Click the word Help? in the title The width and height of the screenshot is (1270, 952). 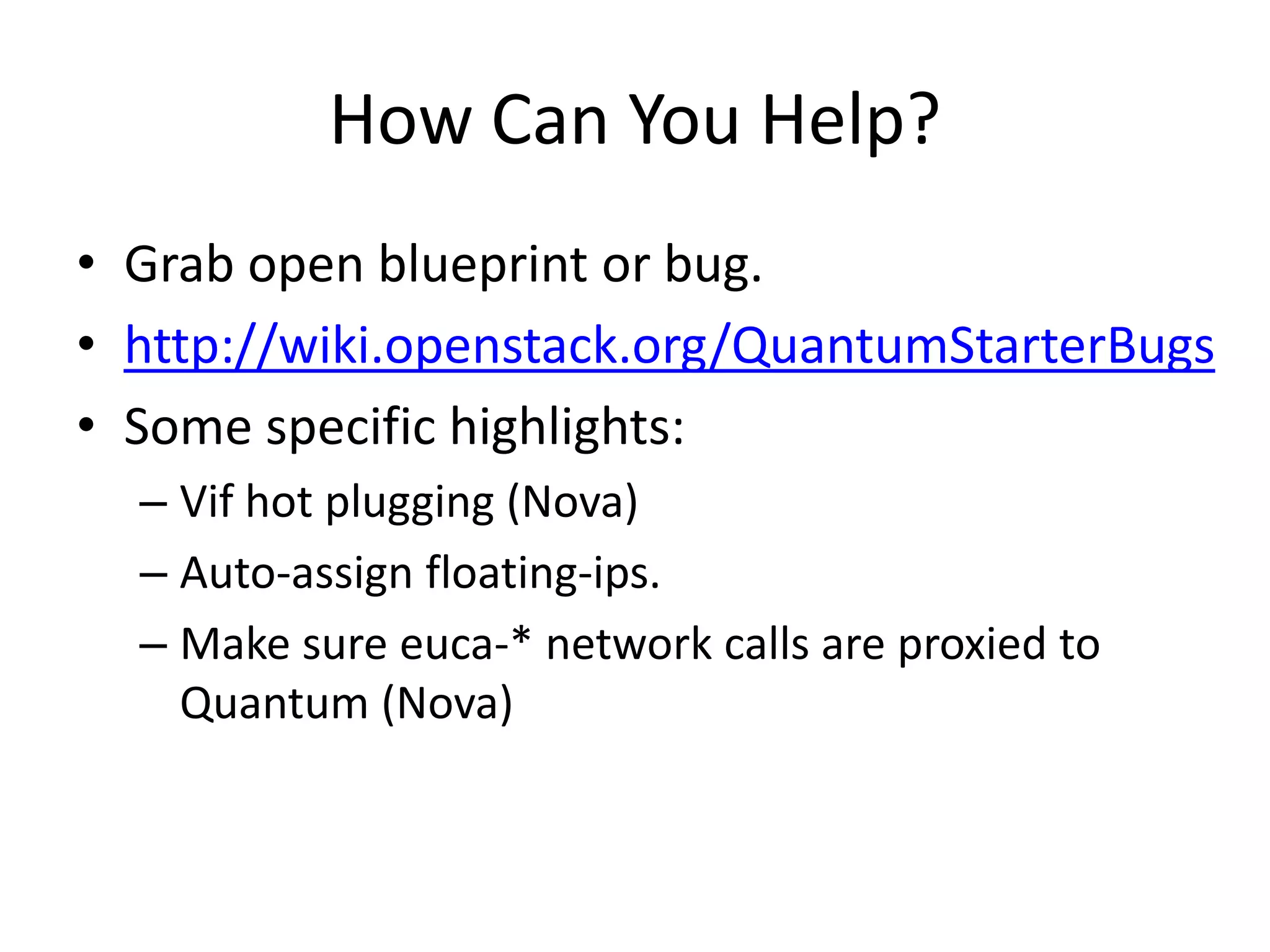[x=850, y=121]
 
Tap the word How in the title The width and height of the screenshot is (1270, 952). [x=402, y=121]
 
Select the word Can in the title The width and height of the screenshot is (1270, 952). [x=549, y=121]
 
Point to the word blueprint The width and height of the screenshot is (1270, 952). [x=483, y=265]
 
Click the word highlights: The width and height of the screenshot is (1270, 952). [x=567, y=428]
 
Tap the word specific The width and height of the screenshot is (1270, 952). [x=351, y=428]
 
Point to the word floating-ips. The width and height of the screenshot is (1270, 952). [x=543, y=573]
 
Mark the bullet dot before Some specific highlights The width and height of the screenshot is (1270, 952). [x=86, y=425]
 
